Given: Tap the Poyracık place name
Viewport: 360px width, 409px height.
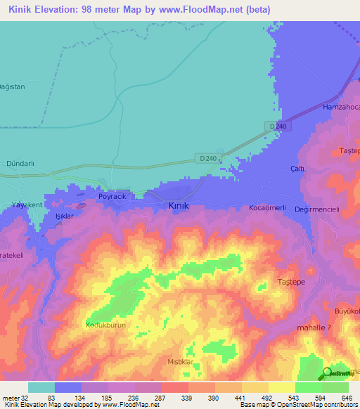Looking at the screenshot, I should pos(112,197).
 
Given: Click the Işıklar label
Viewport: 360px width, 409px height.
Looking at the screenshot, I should pos(65,216).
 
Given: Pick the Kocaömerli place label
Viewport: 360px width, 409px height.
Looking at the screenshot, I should pos(267,209).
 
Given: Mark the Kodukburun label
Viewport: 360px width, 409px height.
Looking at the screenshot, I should pos(105,325).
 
